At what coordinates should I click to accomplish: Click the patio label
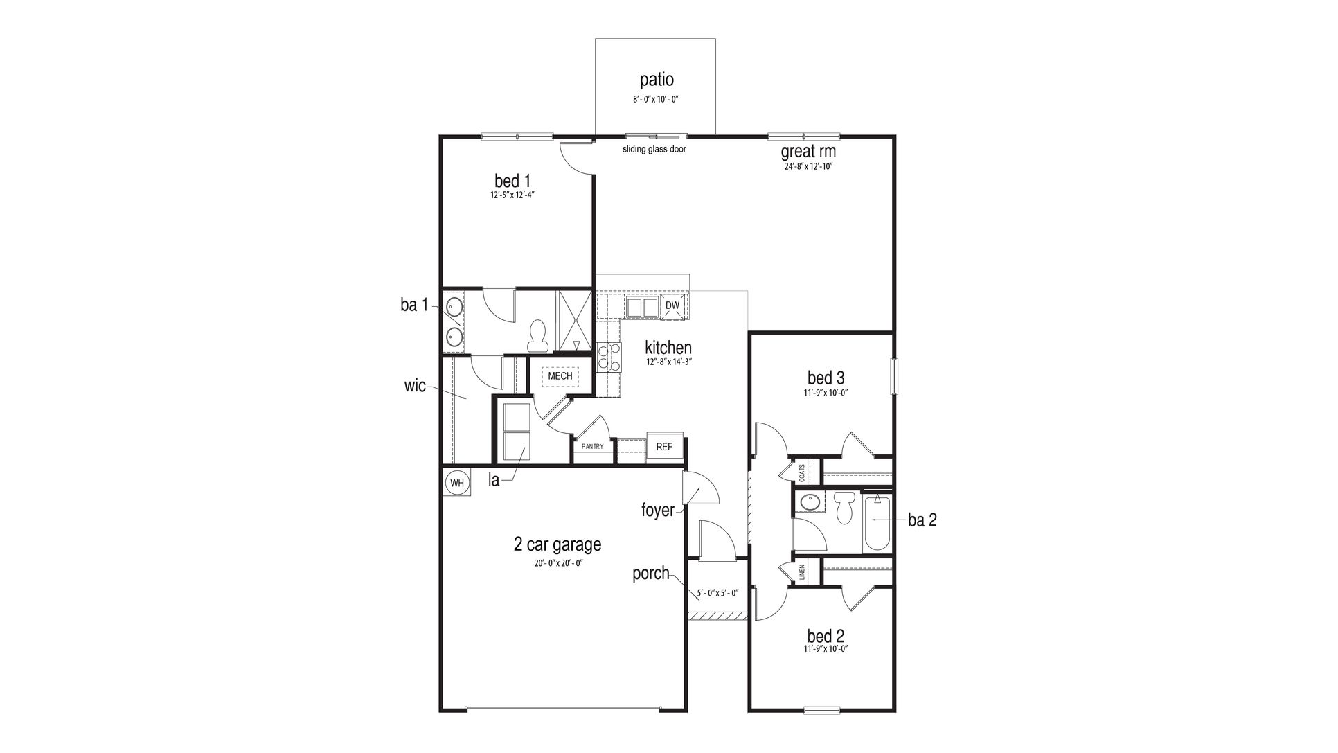(x=656, y=80)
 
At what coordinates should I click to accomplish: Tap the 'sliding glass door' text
(x=654, y=149)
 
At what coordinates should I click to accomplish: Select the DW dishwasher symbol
(x=672, y=305)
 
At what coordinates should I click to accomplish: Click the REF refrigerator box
(x=664, y=447)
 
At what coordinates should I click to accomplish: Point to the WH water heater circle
(x=456, y=482)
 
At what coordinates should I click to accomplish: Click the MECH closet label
(x=560, y=376)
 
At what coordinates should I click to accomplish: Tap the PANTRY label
(x=592, y=447)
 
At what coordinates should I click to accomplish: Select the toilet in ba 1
(x=537, y=336)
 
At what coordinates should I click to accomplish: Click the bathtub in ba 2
(x=877, y=521)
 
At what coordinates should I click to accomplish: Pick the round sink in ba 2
(x=808, y=501)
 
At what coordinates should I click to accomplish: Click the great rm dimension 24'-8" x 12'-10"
(x=808, y=166)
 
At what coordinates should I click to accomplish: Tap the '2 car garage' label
(x=557, y=544)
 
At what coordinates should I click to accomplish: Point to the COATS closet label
(x=802, y=473)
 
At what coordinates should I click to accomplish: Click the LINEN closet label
(x=802, y=572)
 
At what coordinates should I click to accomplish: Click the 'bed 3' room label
(x=826, y=378)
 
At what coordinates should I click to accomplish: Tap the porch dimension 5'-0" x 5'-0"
(x=717, y=593)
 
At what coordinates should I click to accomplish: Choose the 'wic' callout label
(x=415, y=386)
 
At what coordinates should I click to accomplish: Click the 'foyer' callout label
(x=657, y=511)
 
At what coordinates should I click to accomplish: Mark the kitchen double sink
(x=643, y=306)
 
